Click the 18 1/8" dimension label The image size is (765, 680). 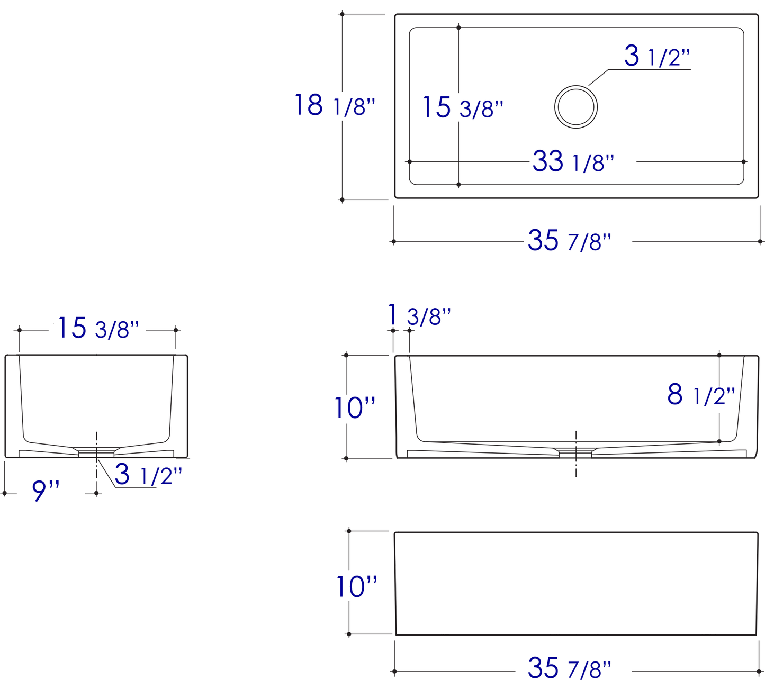(x=335, y=105)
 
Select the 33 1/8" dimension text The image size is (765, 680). (x=573, y=161)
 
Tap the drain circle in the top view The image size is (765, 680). (x=576, y=107)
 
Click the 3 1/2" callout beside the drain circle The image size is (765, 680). (x=657, y=56)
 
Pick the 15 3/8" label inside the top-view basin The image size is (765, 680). (x=463, y=107)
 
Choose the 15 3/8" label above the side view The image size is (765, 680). (x=98, y=328)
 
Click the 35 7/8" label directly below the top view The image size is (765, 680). (x=569, y=240)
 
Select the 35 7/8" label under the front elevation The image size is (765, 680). (x=569, y=667)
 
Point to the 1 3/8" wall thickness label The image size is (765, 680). (x=419, y=315)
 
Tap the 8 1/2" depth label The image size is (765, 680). (x=701, y=395)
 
